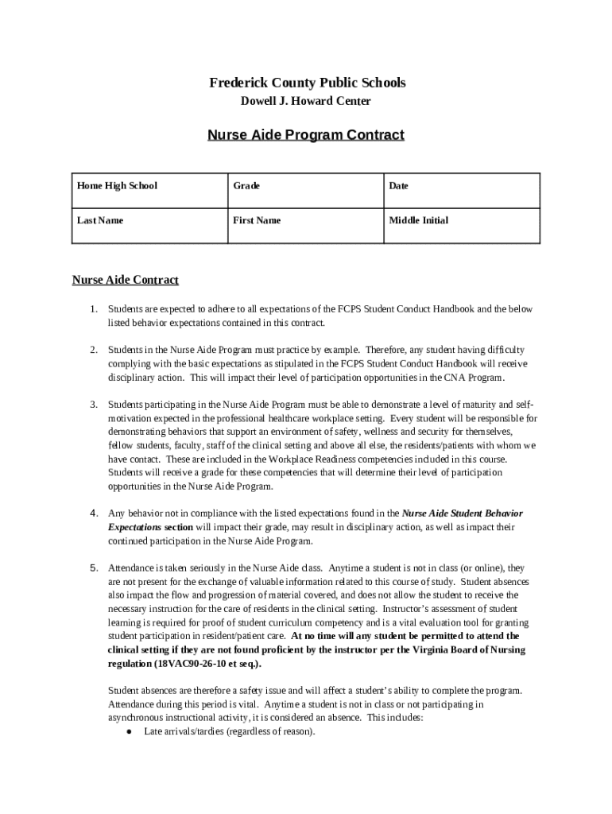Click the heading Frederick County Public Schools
pos(307,83)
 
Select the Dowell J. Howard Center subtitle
pos(306,101)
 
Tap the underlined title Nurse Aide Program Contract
pos(306,134)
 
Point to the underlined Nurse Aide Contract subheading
pos(126,280)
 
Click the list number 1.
pos(93,309)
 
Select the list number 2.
pos(93,350)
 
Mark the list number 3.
pos(93,405)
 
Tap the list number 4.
pos(93,514)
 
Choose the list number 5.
pos(93,568)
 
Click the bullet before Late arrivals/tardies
pos(128,732)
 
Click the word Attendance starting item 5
pos(132,568)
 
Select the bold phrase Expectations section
pos(150,527)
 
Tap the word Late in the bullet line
pos(153,732)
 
